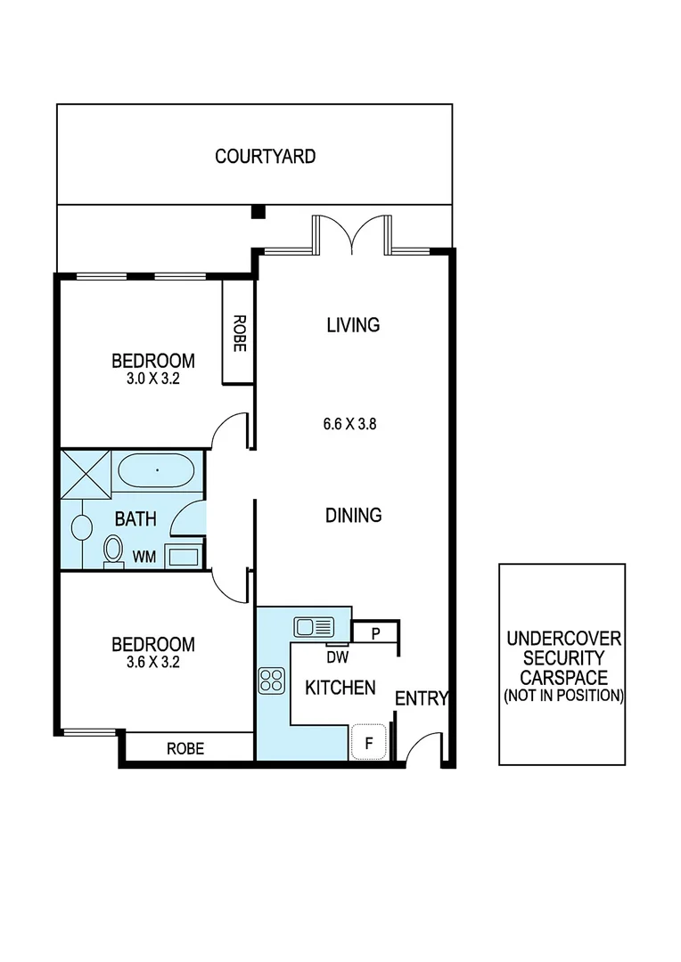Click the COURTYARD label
265,157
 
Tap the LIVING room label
353,325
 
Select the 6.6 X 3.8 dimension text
349,424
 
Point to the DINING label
353,515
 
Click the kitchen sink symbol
314,627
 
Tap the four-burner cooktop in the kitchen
271,681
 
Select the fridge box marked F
368,741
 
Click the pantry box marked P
375,632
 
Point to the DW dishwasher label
337,657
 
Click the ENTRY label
421,699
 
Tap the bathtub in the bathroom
155,469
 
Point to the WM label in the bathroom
144,557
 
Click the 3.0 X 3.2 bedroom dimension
152,378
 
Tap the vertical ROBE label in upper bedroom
238,333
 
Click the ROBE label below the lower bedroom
185,749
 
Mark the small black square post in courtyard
258,212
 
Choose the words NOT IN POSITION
562,695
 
